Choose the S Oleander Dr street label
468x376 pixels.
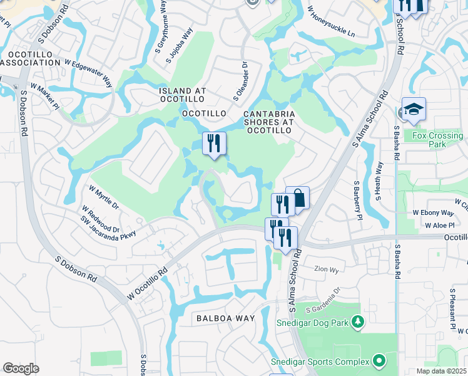pyautogui.click(x=242, y=81)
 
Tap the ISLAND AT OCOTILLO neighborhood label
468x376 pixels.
pyautogui.click(x=182, y=95)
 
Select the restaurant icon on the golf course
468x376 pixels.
pyautogui.click(x=214, y=144)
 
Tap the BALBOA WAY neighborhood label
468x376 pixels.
pyautogui.click(x=226, y=318)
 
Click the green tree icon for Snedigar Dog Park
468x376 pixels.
pyautogui.click(x=357, y=322)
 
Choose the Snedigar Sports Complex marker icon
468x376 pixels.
pyautogui.click(x=379, y=361)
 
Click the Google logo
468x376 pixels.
pyautogui.click(x=21, y=368)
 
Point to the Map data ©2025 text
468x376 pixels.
pyautogui.click(x=441, y=371)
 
